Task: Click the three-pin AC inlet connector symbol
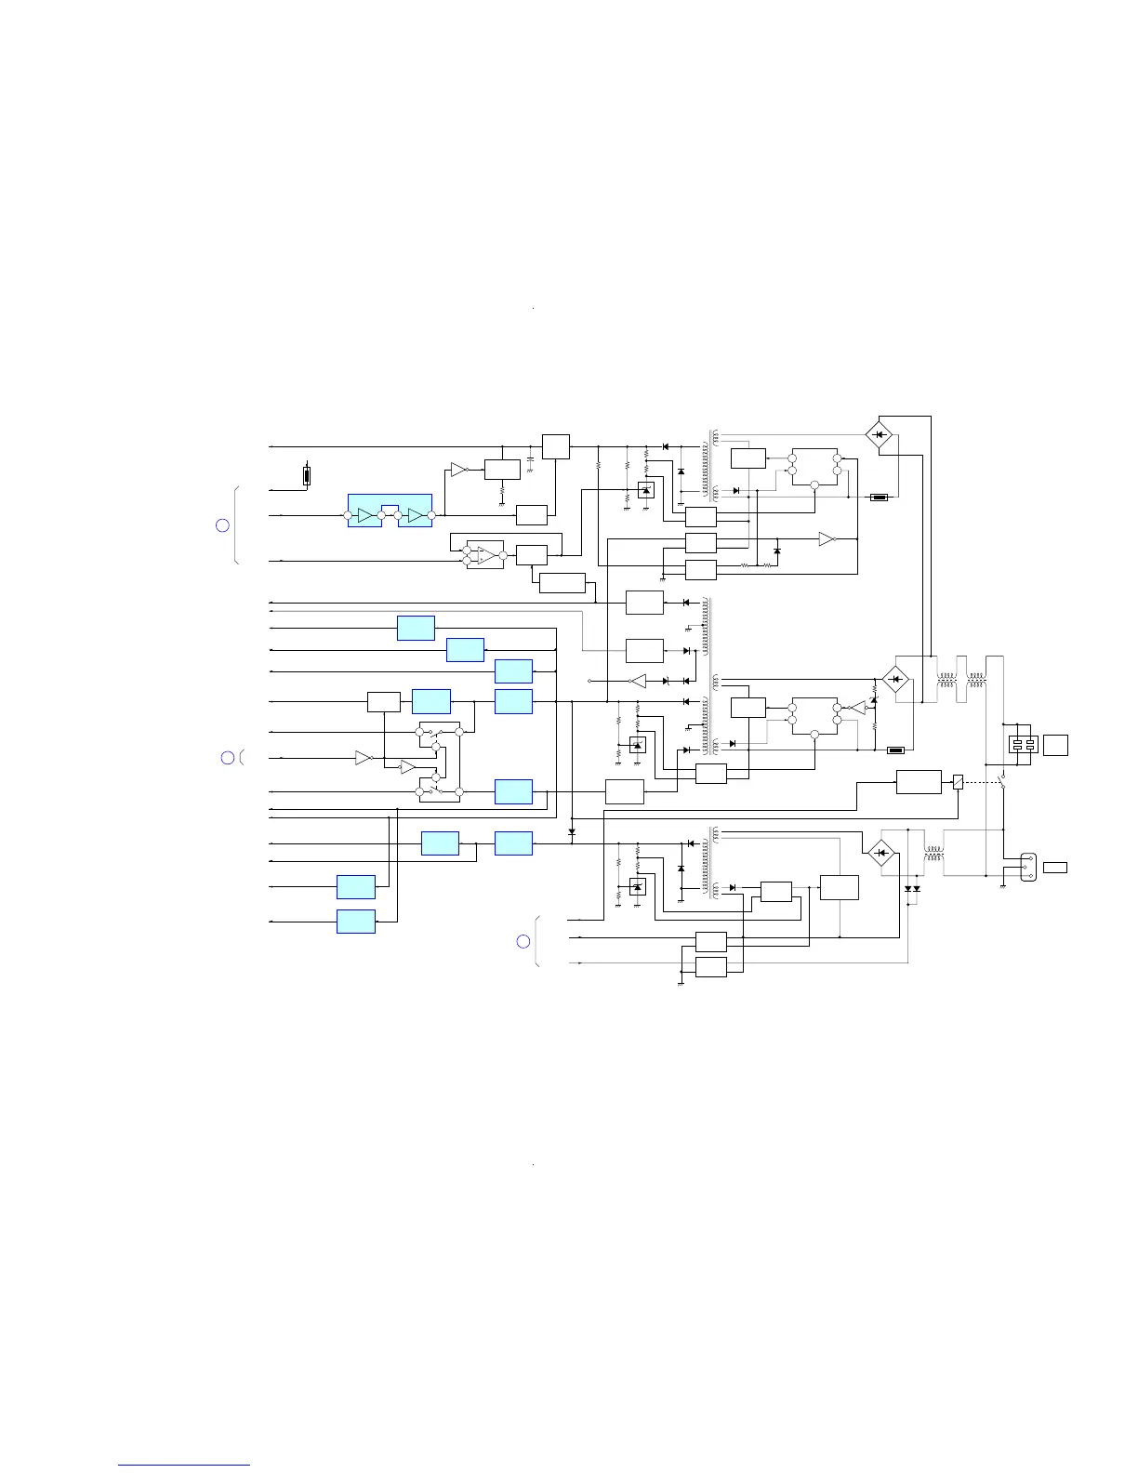[1027, 867]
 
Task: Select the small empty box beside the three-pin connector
[1054, 867]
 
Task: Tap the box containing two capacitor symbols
[1023, 744]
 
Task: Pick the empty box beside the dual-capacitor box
[1055, 744]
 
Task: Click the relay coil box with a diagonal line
[958, 782]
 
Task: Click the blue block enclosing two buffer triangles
[390, 511]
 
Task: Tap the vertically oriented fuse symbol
[307, 476]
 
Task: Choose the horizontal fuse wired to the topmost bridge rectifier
[879, 498]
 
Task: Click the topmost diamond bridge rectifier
[879, 434]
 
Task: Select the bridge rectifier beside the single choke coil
[879, 852]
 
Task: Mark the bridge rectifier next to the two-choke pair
[894, 680]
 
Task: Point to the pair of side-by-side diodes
[912, 889]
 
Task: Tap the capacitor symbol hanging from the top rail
[530, 459]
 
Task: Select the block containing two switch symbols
[439, 762]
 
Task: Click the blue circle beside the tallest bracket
[222, 525]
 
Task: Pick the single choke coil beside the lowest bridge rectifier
[933, 852]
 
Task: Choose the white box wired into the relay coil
[919, 782]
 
